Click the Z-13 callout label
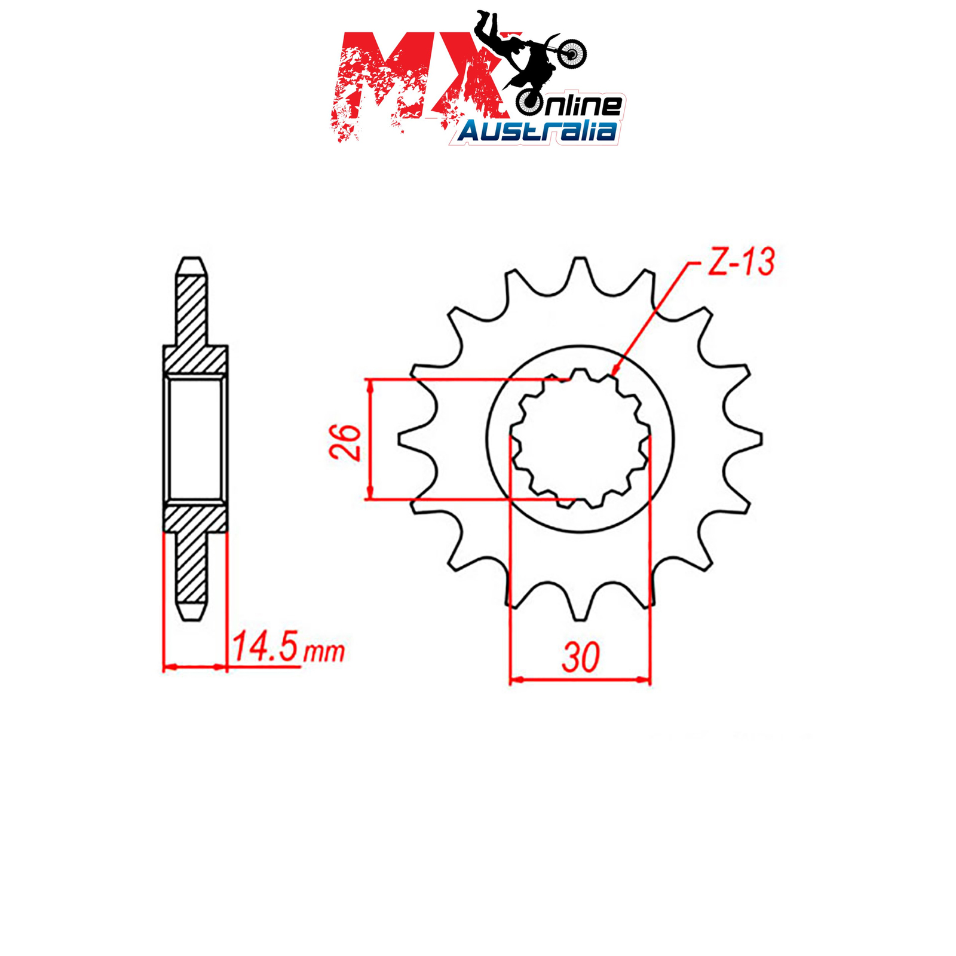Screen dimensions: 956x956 (x=741, y=262)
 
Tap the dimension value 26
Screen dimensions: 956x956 (x=346, y=442)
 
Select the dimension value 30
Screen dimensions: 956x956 (x=580, y=658)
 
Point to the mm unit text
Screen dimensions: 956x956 (x=324, y=652)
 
